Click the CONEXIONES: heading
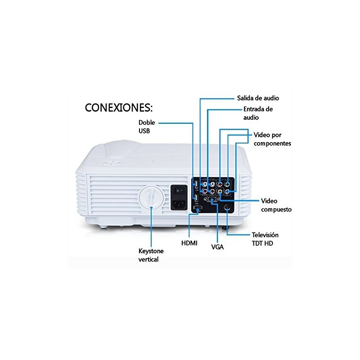pos(118,108)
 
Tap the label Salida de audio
pos(258,98)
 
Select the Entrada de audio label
pos(258,113)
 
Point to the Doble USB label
pos(147,126)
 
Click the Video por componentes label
pos(272,139)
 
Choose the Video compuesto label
pos(276,205)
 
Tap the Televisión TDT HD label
pos(265,239)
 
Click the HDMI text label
pos(189,243)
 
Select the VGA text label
pos(217,247)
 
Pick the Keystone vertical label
pos(151,255)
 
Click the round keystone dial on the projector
pos(151,198)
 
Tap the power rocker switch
pos(179,190)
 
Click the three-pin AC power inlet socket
pos(179,203)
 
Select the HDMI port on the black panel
pos(198,208)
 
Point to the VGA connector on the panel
pos(211,199)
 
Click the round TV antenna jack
pos(227,207)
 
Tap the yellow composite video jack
pos(220,191)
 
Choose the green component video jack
pos(227,184)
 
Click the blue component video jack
pos(227,191)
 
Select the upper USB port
pos(196,184)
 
